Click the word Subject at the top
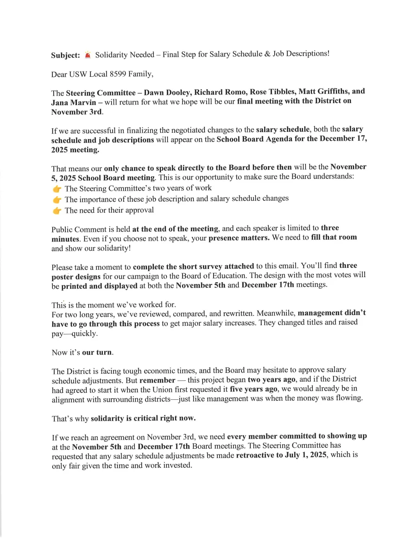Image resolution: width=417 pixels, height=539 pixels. (65, 55)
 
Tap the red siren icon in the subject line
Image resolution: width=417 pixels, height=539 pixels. (88, 55)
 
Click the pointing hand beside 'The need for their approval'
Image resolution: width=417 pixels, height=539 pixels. (57, 211)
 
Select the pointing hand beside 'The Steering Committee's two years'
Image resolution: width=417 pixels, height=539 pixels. (57, 189)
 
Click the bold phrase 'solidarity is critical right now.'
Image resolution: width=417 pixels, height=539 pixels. (143, 419)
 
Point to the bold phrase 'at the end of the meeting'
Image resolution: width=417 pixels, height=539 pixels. (175, 229)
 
